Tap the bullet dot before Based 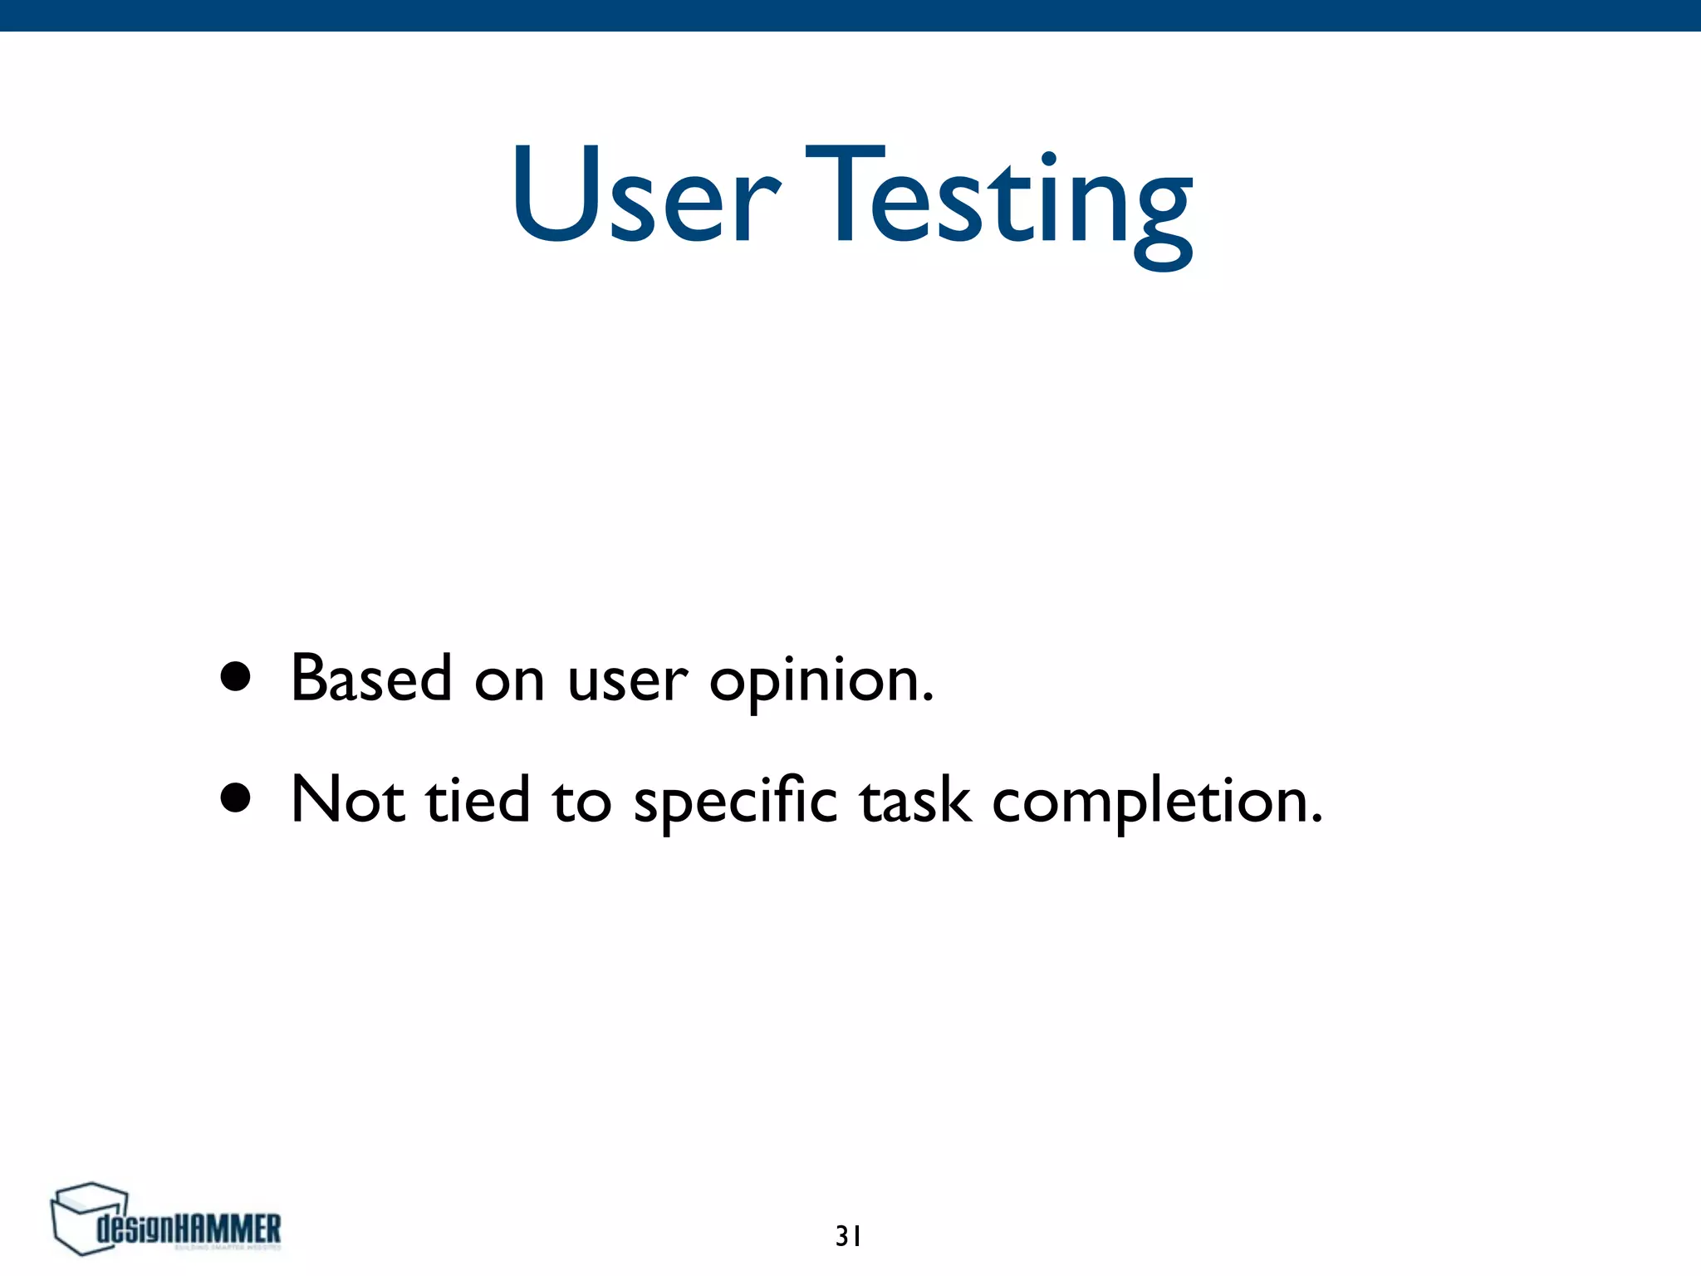236,676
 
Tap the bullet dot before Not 236,797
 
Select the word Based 371,678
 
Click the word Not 348,800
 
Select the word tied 478,800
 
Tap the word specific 735,802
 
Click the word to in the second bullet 581,802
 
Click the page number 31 848,1236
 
